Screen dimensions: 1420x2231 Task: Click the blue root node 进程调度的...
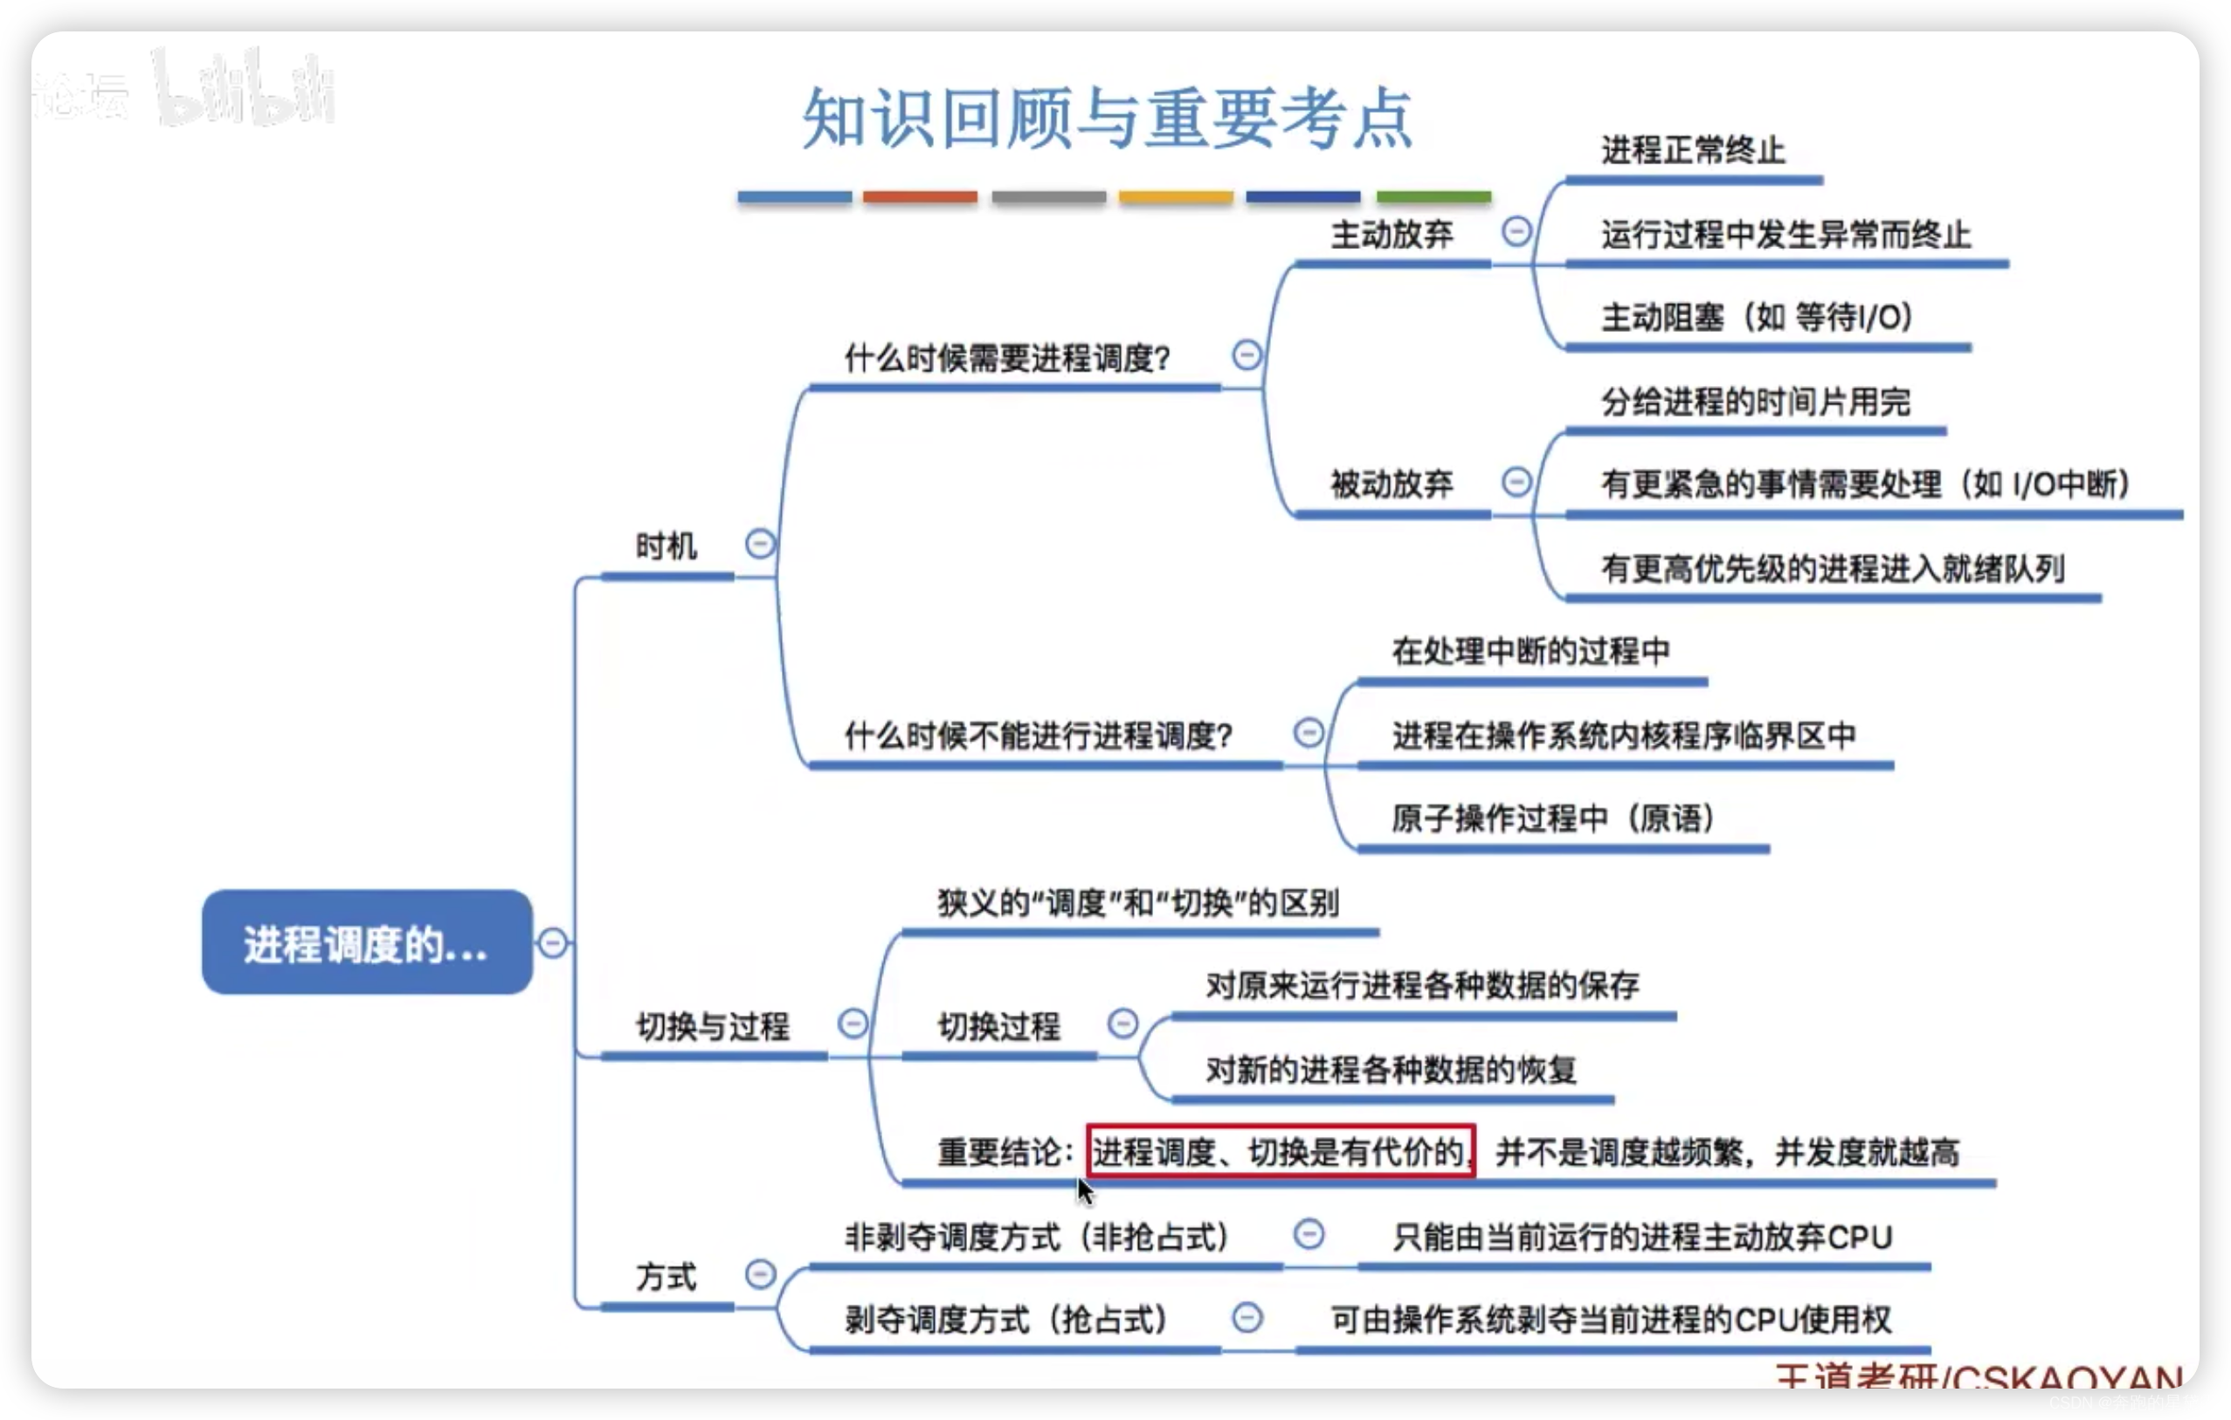(x=367, y=943)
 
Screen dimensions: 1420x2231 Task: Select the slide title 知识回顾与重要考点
(x=1106, y=120)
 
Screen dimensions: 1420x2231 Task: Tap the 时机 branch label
(x=667, y=546)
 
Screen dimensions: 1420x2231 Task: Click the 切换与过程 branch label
(x=713, y=1025)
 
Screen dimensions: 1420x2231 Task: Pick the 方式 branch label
(x=667, y=1277)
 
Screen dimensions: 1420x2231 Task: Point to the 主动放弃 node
(x=1392, y=234)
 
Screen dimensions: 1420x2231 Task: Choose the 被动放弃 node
(x=1392, y=483)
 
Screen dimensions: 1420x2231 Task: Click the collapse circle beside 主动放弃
(x=1516, y=231)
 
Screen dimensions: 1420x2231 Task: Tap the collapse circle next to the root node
(x=553, y=943)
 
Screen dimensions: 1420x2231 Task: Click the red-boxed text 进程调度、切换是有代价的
(x=1281, y=1151)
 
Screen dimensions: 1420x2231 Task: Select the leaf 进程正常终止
(x=1693, y=150)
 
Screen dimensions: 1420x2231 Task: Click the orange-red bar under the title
(x=919, y=197)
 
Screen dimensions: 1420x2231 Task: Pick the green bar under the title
(x=1433, y=197)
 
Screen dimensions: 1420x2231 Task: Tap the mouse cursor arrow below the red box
(x=1084, y=1191)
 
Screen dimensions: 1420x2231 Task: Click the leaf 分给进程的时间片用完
(x=1755, y=402)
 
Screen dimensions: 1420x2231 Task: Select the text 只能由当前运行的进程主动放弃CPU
(x=1641, y=1237)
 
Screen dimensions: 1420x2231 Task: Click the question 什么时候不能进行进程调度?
(x=1038, y=735)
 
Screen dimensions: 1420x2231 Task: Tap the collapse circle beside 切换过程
(x=1122, y=1024)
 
